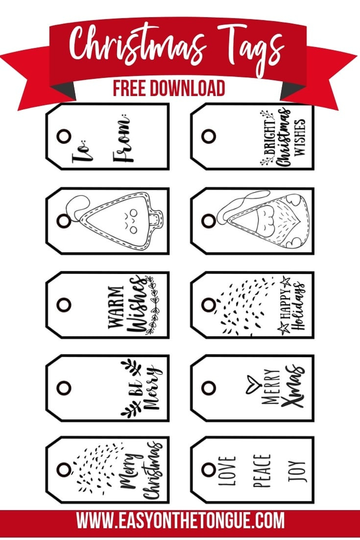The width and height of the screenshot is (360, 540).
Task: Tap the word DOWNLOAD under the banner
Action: tap(187, 88)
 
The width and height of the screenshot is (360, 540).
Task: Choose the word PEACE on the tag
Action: tap(263, 471)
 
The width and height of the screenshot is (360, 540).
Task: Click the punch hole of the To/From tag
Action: tap(64, 136)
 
